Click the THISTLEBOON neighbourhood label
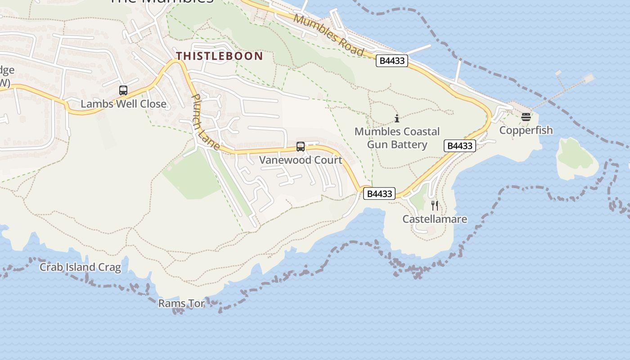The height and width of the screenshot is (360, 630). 219,56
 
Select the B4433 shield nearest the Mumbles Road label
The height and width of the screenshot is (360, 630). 391,61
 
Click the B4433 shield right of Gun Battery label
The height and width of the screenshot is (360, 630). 459,146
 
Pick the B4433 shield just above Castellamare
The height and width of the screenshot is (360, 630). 379,194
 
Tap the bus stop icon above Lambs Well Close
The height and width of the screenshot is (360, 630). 123,90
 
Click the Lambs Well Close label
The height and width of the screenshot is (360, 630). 123,104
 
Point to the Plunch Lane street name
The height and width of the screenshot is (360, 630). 205,122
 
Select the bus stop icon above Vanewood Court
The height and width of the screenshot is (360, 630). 301,147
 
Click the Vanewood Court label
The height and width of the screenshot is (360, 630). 301,160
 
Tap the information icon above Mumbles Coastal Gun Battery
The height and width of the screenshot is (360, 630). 397,119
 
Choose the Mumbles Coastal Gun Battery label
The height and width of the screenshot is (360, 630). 397,138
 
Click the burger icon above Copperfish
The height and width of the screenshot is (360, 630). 526,117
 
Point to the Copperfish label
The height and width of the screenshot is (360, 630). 526,130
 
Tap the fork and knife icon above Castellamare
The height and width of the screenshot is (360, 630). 435,206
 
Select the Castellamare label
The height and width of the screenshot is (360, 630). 435,220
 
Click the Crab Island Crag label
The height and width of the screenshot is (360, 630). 80,267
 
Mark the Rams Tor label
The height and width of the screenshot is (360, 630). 181,304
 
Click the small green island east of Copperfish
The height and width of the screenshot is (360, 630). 576,158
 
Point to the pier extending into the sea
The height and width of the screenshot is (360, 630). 562,92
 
